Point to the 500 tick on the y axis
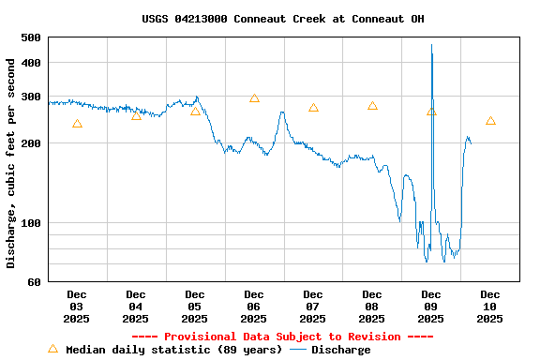click(x=30, y=37)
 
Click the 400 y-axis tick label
click(x=30, y=63)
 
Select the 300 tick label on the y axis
click(x=30, y=97)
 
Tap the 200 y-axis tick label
click(x=30, y=143)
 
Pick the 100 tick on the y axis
click(x=30, y=223)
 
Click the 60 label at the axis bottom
click(x=34, y=282)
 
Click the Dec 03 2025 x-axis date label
click(x=77, y=307)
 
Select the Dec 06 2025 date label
click(x=254, y=307)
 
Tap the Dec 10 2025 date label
click(x=490, y=307)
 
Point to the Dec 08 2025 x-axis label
click(x=372, y=307)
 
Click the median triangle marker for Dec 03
click(x=77, y=124)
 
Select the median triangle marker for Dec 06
click(x=254, y=98)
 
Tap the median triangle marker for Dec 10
click(x=490, y=121)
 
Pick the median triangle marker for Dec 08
click(x=372, y=106)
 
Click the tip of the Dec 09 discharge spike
click(x=431, y=45)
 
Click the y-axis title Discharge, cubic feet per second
click(x=11, y=163)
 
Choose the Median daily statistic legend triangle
click(x=52, y=349)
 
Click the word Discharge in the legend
click(x=340, y=350)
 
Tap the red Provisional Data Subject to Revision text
click(x=282, y=337)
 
